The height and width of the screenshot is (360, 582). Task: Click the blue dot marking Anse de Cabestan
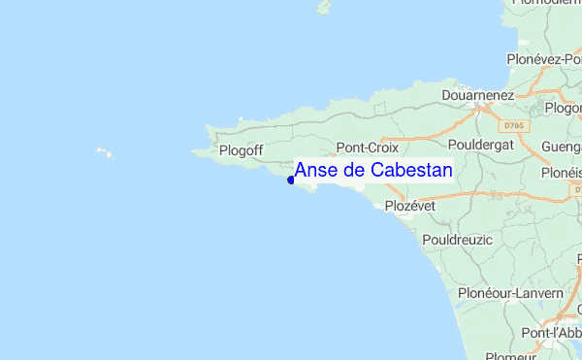pos(291,180)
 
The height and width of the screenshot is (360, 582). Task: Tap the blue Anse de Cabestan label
pos(372,170)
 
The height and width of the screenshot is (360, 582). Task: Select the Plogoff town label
pos(242,150)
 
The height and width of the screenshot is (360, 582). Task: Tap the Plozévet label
pos(410,206)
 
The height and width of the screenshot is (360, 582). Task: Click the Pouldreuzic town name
pos(458,239)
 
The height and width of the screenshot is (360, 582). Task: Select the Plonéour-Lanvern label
pos(510,293)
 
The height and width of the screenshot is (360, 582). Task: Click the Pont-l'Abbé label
pos(551,333)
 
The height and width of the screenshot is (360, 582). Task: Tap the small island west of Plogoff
pos(103,151)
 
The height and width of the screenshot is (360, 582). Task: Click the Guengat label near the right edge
pos(562,147)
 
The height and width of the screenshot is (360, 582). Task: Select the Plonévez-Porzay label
pos(543,59)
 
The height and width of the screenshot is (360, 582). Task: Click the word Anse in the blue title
pos(313,170)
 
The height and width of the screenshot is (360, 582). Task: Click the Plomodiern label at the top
pos(545,5)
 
